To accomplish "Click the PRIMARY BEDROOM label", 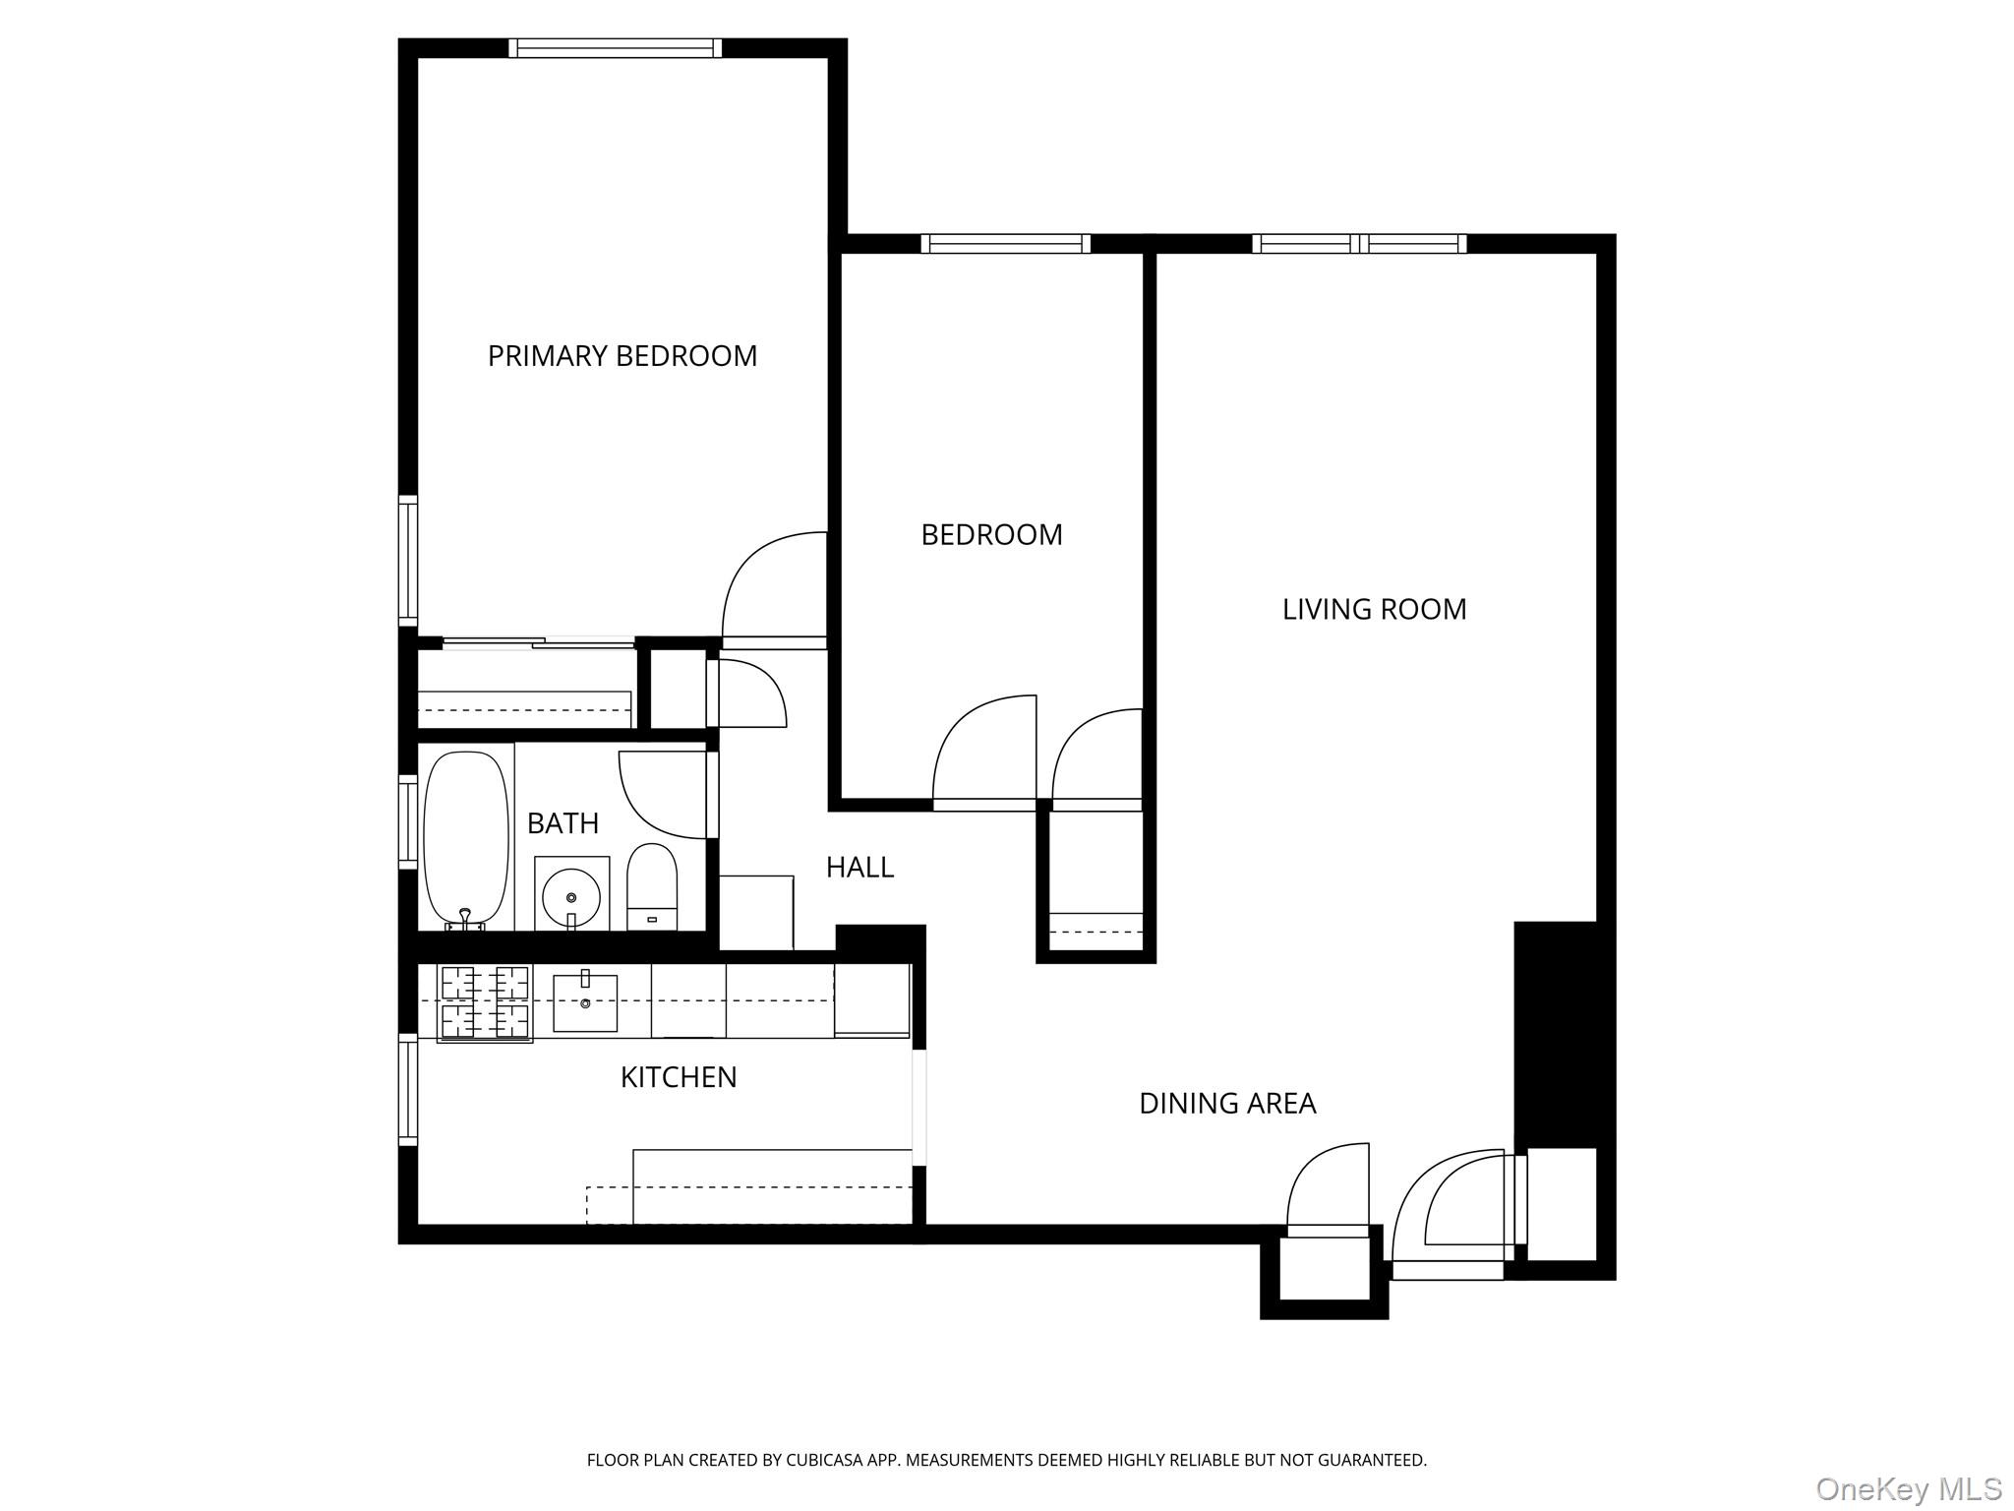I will [x=622, y=356].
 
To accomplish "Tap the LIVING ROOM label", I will [x=1374, y=610].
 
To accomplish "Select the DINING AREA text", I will [x=1226, y=1104].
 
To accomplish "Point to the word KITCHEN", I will [x=679, y=1077].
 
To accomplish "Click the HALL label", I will [x=859, y=868].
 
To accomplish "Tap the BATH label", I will [x=563, y=823].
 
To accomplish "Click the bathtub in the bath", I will [x=465, y=839].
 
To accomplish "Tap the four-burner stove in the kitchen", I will [x=484, y=1002].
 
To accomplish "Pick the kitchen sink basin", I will [x=585, y=1002].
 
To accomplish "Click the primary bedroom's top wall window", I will [x=615, y=48].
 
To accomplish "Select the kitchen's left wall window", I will [x=407, y=1089].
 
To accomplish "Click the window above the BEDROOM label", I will [x=1005, y=244].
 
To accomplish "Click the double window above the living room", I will [x=1359, y=244].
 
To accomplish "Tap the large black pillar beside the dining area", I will [x=1554, y=1033].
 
